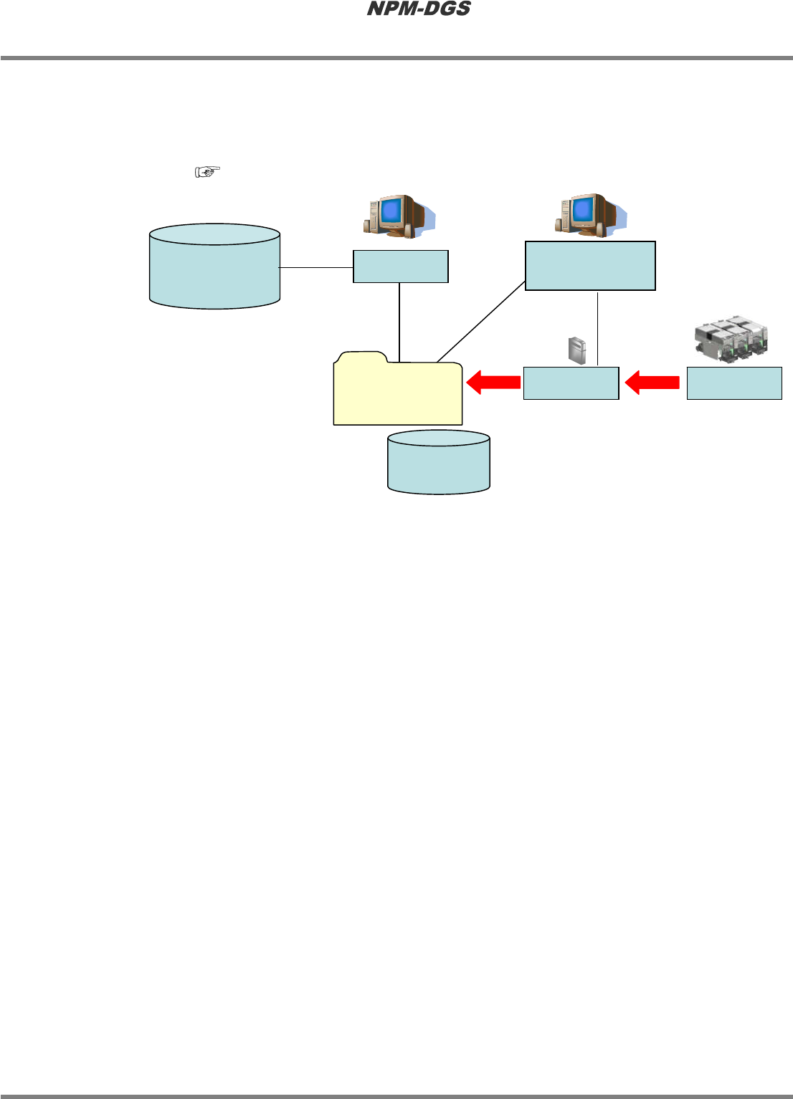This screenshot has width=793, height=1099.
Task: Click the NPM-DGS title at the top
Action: (x=419, y=9)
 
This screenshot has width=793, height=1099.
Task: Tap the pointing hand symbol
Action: (x=207, y=171)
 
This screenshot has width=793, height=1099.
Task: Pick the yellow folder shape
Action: (x=398, y=394)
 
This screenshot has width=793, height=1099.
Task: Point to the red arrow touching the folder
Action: (x=493, y=383)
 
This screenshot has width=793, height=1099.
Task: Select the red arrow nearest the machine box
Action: (x=652, y=383)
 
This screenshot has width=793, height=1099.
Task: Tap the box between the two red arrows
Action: (x=571, y=383)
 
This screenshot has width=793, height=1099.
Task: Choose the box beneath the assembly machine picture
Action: (x=734, y=383)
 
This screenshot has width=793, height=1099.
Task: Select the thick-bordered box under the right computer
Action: (x=590, y=266)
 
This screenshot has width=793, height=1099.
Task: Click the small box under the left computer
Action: (x=401, y=267)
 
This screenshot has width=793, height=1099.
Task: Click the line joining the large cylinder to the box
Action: (x=316, y=267)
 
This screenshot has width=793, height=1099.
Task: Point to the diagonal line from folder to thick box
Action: (x=481, y=322)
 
